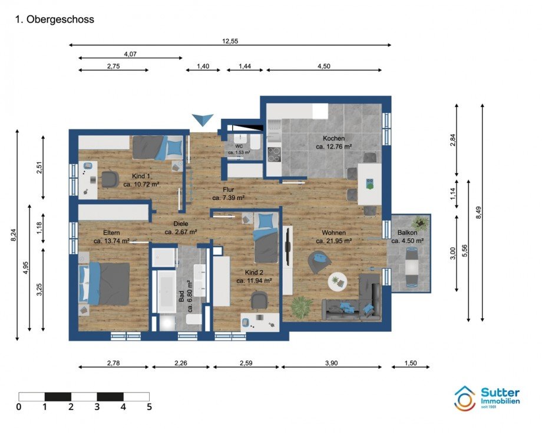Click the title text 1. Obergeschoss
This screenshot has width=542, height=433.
pos(54,19)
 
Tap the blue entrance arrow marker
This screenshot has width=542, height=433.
pos(204,119)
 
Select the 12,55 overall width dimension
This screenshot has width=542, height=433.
pos(230,41)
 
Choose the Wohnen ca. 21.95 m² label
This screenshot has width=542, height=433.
pos(333,236)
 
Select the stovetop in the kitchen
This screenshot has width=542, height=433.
pos(275,154)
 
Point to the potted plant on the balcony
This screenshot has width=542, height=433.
pos(421,223)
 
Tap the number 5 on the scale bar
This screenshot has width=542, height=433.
pos(149,407)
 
